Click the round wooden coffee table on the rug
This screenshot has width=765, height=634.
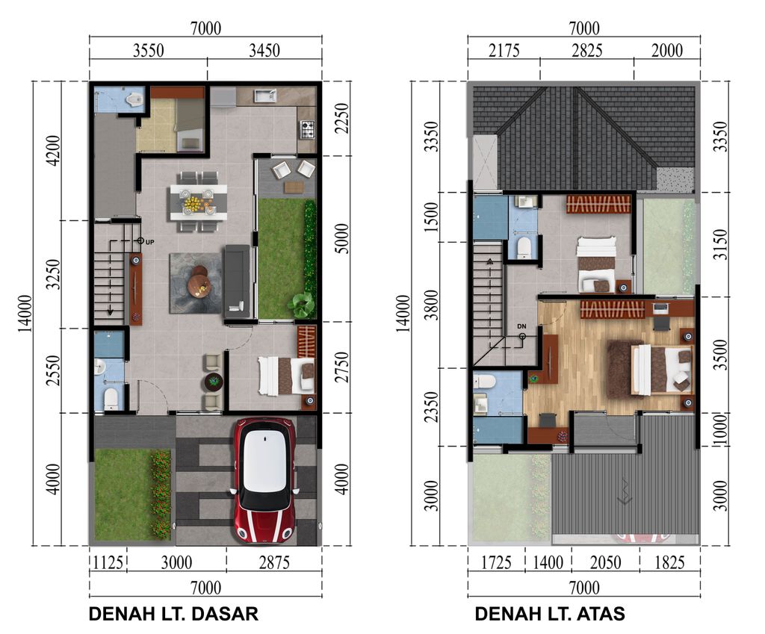pos(199,282)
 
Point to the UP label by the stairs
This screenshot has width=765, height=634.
pos(150,242)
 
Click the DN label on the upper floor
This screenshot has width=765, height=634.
pos(521,327)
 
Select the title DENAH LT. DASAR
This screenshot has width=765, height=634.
pos(173,615)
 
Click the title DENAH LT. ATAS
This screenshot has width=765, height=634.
pos(550,615)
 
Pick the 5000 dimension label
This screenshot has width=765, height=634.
pos(341,239)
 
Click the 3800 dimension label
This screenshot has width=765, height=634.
pos(430,305)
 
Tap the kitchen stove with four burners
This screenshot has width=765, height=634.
pos(306,129)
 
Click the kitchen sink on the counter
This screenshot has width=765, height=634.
pos(264,96)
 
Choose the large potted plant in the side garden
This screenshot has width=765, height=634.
pos(303,304)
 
